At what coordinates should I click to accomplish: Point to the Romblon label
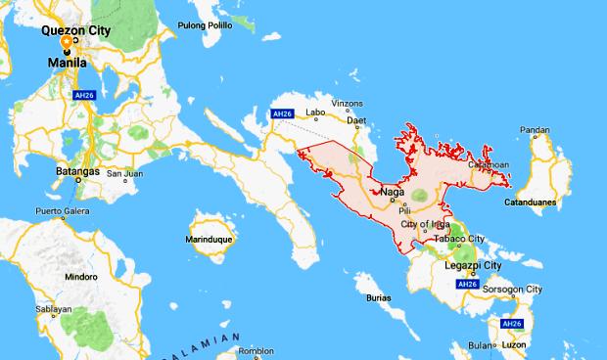click(257, 349)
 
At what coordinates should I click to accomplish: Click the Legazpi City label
click(473, 265)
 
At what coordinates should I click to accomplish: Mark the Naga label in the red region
click(391, 191)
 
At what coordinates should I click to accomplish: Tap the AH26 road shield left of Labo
click(283, 114)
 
